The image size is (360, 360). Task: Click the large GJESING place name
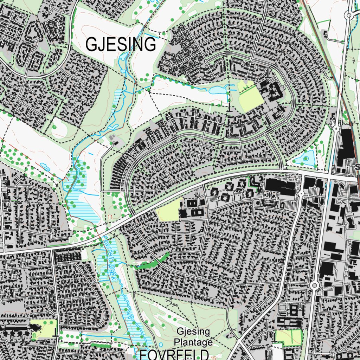click(121, 45)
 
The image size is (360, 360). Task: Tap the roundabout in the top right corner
click(349, 15)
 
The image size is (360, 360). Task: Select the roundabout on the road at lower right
click(314, 285)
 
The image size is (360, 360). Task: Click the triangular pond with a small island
click(306, 158)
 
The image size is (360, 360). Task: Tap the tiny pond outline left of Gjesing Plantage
click(161, 345)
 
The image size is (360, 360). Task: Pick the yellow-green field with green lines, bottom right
click(289, 337)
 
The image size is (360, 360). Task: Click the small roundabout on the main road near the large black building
click(301, 194)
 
